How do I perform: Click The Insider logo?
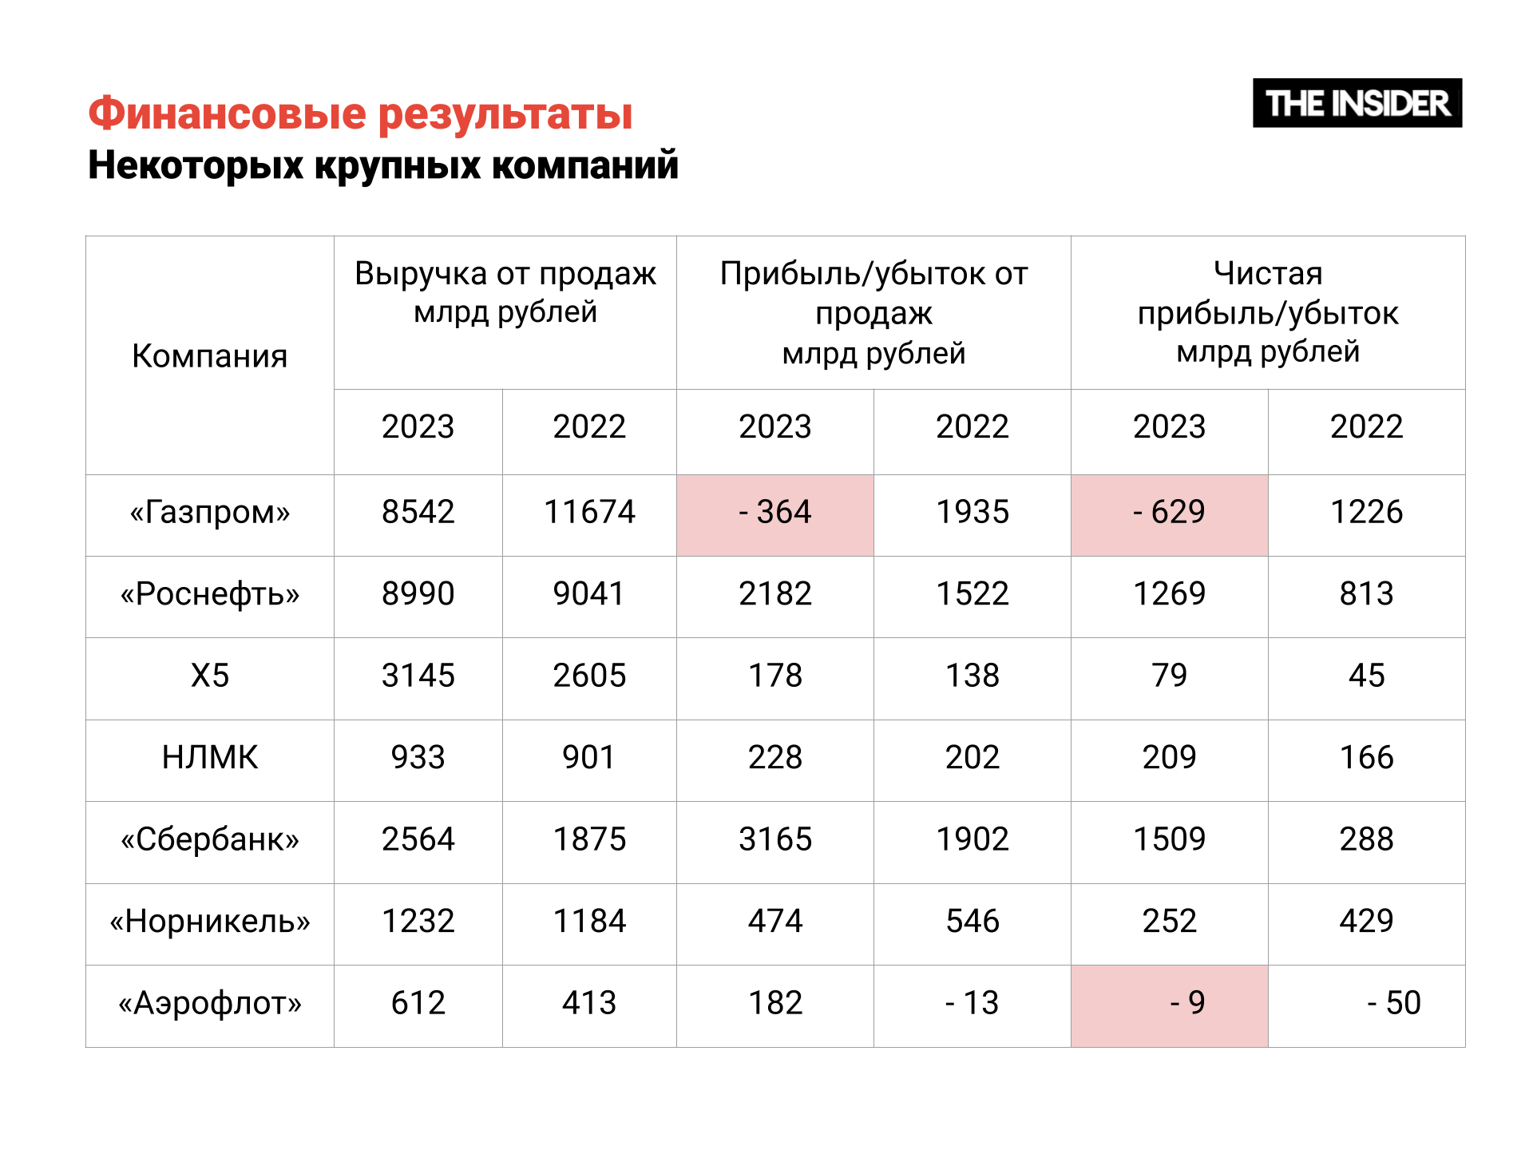click(x=1357, y=103)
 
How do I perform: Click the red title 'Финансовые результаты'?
click(x=360, y=113)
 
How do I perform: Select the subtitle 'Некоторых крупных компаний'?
click(x=382, y=165)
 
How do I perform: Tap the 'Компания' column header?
click(x=209, y=355)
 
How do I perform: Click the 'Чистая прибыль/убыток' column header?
click(x=1267, y=312)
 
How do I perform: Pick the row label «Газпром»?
click(x=209, y=513)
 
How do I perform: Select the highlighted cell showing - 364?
click(x=774, y=513)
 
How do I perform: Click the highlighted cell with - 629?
click(x=1169, y=513)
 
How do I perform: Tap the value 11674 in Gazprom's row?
click(x=589, y=513)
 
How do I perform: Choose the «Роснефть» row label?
click(x=209, y=594)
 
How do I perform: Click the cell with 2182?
click(x=774, y=594)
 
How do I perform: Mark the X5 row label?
click(x=209, y=676)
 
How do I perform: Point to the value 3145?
click(x=418, y=676)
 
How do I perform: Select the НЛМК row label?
click(x=209, y=758)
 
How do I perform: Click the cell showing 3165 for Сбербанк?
click(x=774, y=840)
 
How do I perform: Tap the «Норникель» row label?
click(x=209, y=922)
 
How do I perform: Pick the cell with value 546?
click(x=972, y=922)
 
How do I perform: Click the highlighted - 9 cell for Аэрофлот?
click(x=1169, y=1004)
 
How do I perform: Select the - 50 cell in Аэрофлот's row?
click(x=1366, y=1004)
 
